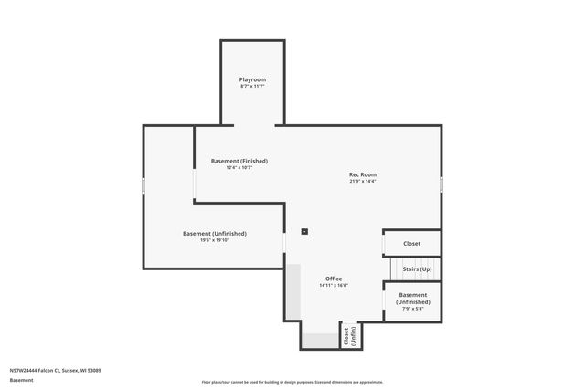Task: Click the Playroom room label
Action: tap(252, 80)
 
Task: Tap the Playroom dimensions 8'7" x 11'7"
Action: tap(252, 87)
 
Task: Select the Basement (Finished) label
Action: tap(239, 161)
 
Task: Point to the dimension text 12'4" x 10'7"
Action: tap(239, 168)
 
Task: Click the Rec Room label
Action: tap(362, 174)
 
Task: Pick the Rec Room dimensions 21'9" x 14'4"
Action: tap(362, 181)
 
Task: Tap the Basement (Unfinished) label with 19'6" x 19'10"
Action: tap(214, 234)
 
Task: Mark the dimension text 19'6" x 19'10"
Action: tap(214, 240)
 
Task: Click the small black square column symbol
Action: tap(304, 231)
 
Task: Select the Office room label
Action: tap(334, 279)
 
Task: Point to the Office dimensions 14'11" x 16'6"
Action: tap(334, 285)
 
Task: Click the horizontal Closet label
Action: tap(412, 244)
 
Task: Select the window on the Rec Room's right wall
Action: tap(441, 184)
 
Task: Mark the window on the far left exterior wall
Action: tap(144, 185)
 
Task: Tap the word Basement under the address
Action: tap(21, 380)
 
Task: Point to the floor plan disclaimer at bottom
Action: tap(292, 382)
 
